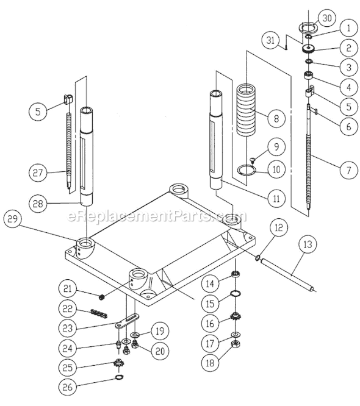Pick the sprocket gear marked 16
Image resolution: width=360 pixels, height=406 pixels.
(x=234, y=318)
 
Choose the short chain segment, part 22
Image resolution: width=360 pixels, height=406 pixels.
(x=100, y=312)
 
